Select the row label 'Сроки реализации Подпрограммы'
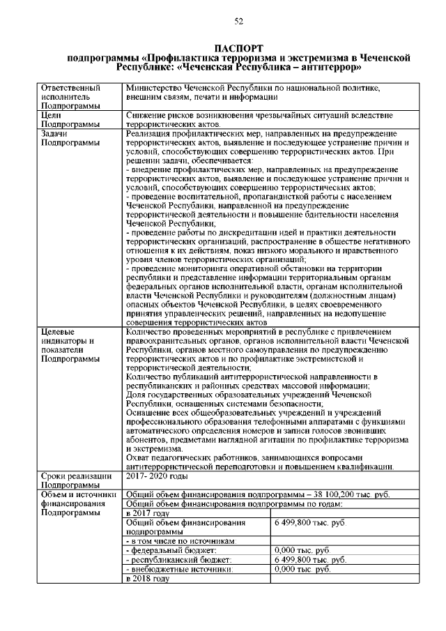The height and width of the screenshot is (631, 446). point(75,480)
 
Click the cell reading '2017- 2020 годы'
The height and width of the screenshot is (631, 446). point(157,476)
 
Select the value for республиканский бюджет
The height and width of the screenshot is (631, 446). point(310,559)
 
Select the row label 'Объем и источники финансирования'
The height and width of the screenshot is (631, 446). point(75,503)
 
